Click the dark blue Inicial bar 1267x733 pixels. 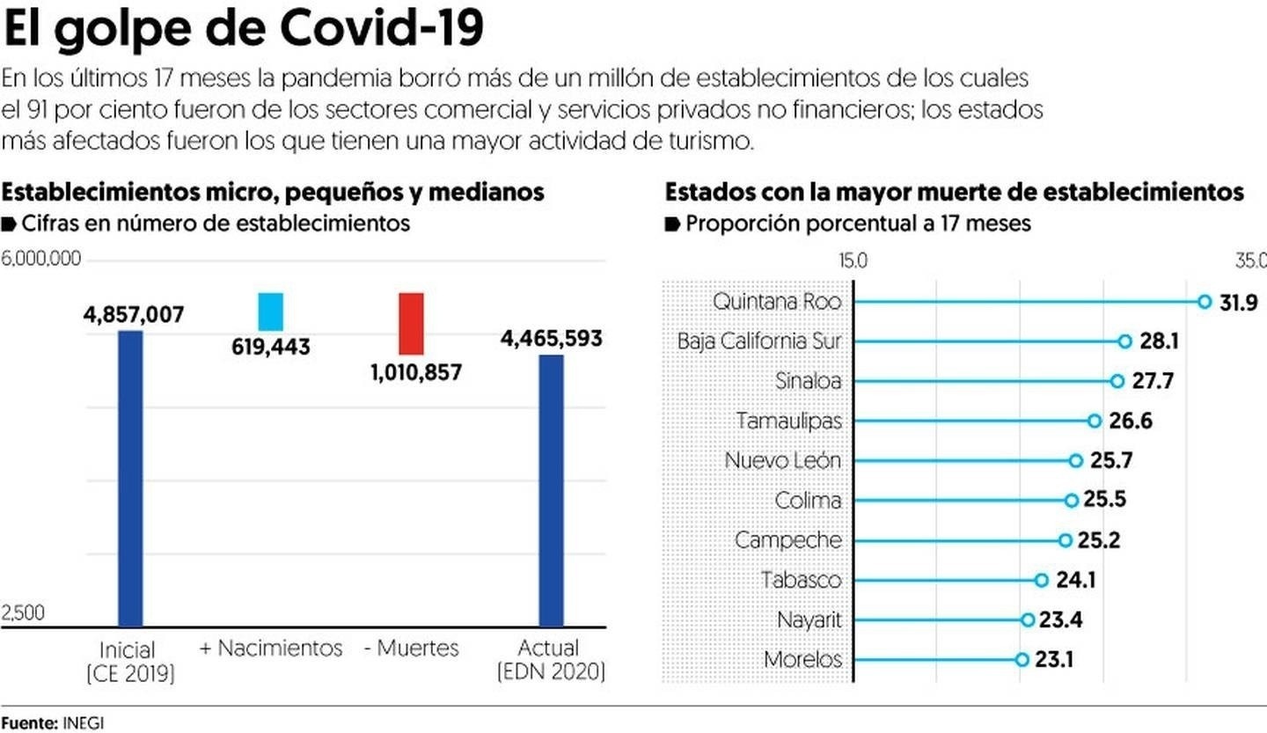[130, 478]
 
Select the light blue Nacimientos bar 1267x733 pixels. [270, 312]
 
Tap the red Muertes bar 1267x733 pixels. [411, 323]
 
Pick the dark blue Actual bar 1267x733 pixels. [551, 490]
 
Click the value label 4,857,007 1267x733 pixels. [135, 315]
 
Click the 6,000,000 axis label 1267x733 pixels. [41, 259]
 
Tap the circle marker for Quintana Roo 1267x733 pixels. [1205, 302]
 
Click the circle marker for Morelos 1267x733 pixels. [1021, 659]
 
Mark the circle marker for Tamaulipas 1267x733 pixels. [1094, 421]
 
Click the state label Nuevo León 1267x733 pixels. [782, 460]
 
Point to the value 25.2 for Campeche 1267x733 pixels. [1101, 540]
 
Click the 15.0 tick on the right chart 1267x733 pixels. [853, 260]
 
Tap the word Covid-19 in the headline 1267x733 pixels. [382, 30]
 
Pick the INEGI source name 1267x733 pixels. [83, 722]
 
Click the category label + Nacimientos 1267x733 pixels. [271, 649]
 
